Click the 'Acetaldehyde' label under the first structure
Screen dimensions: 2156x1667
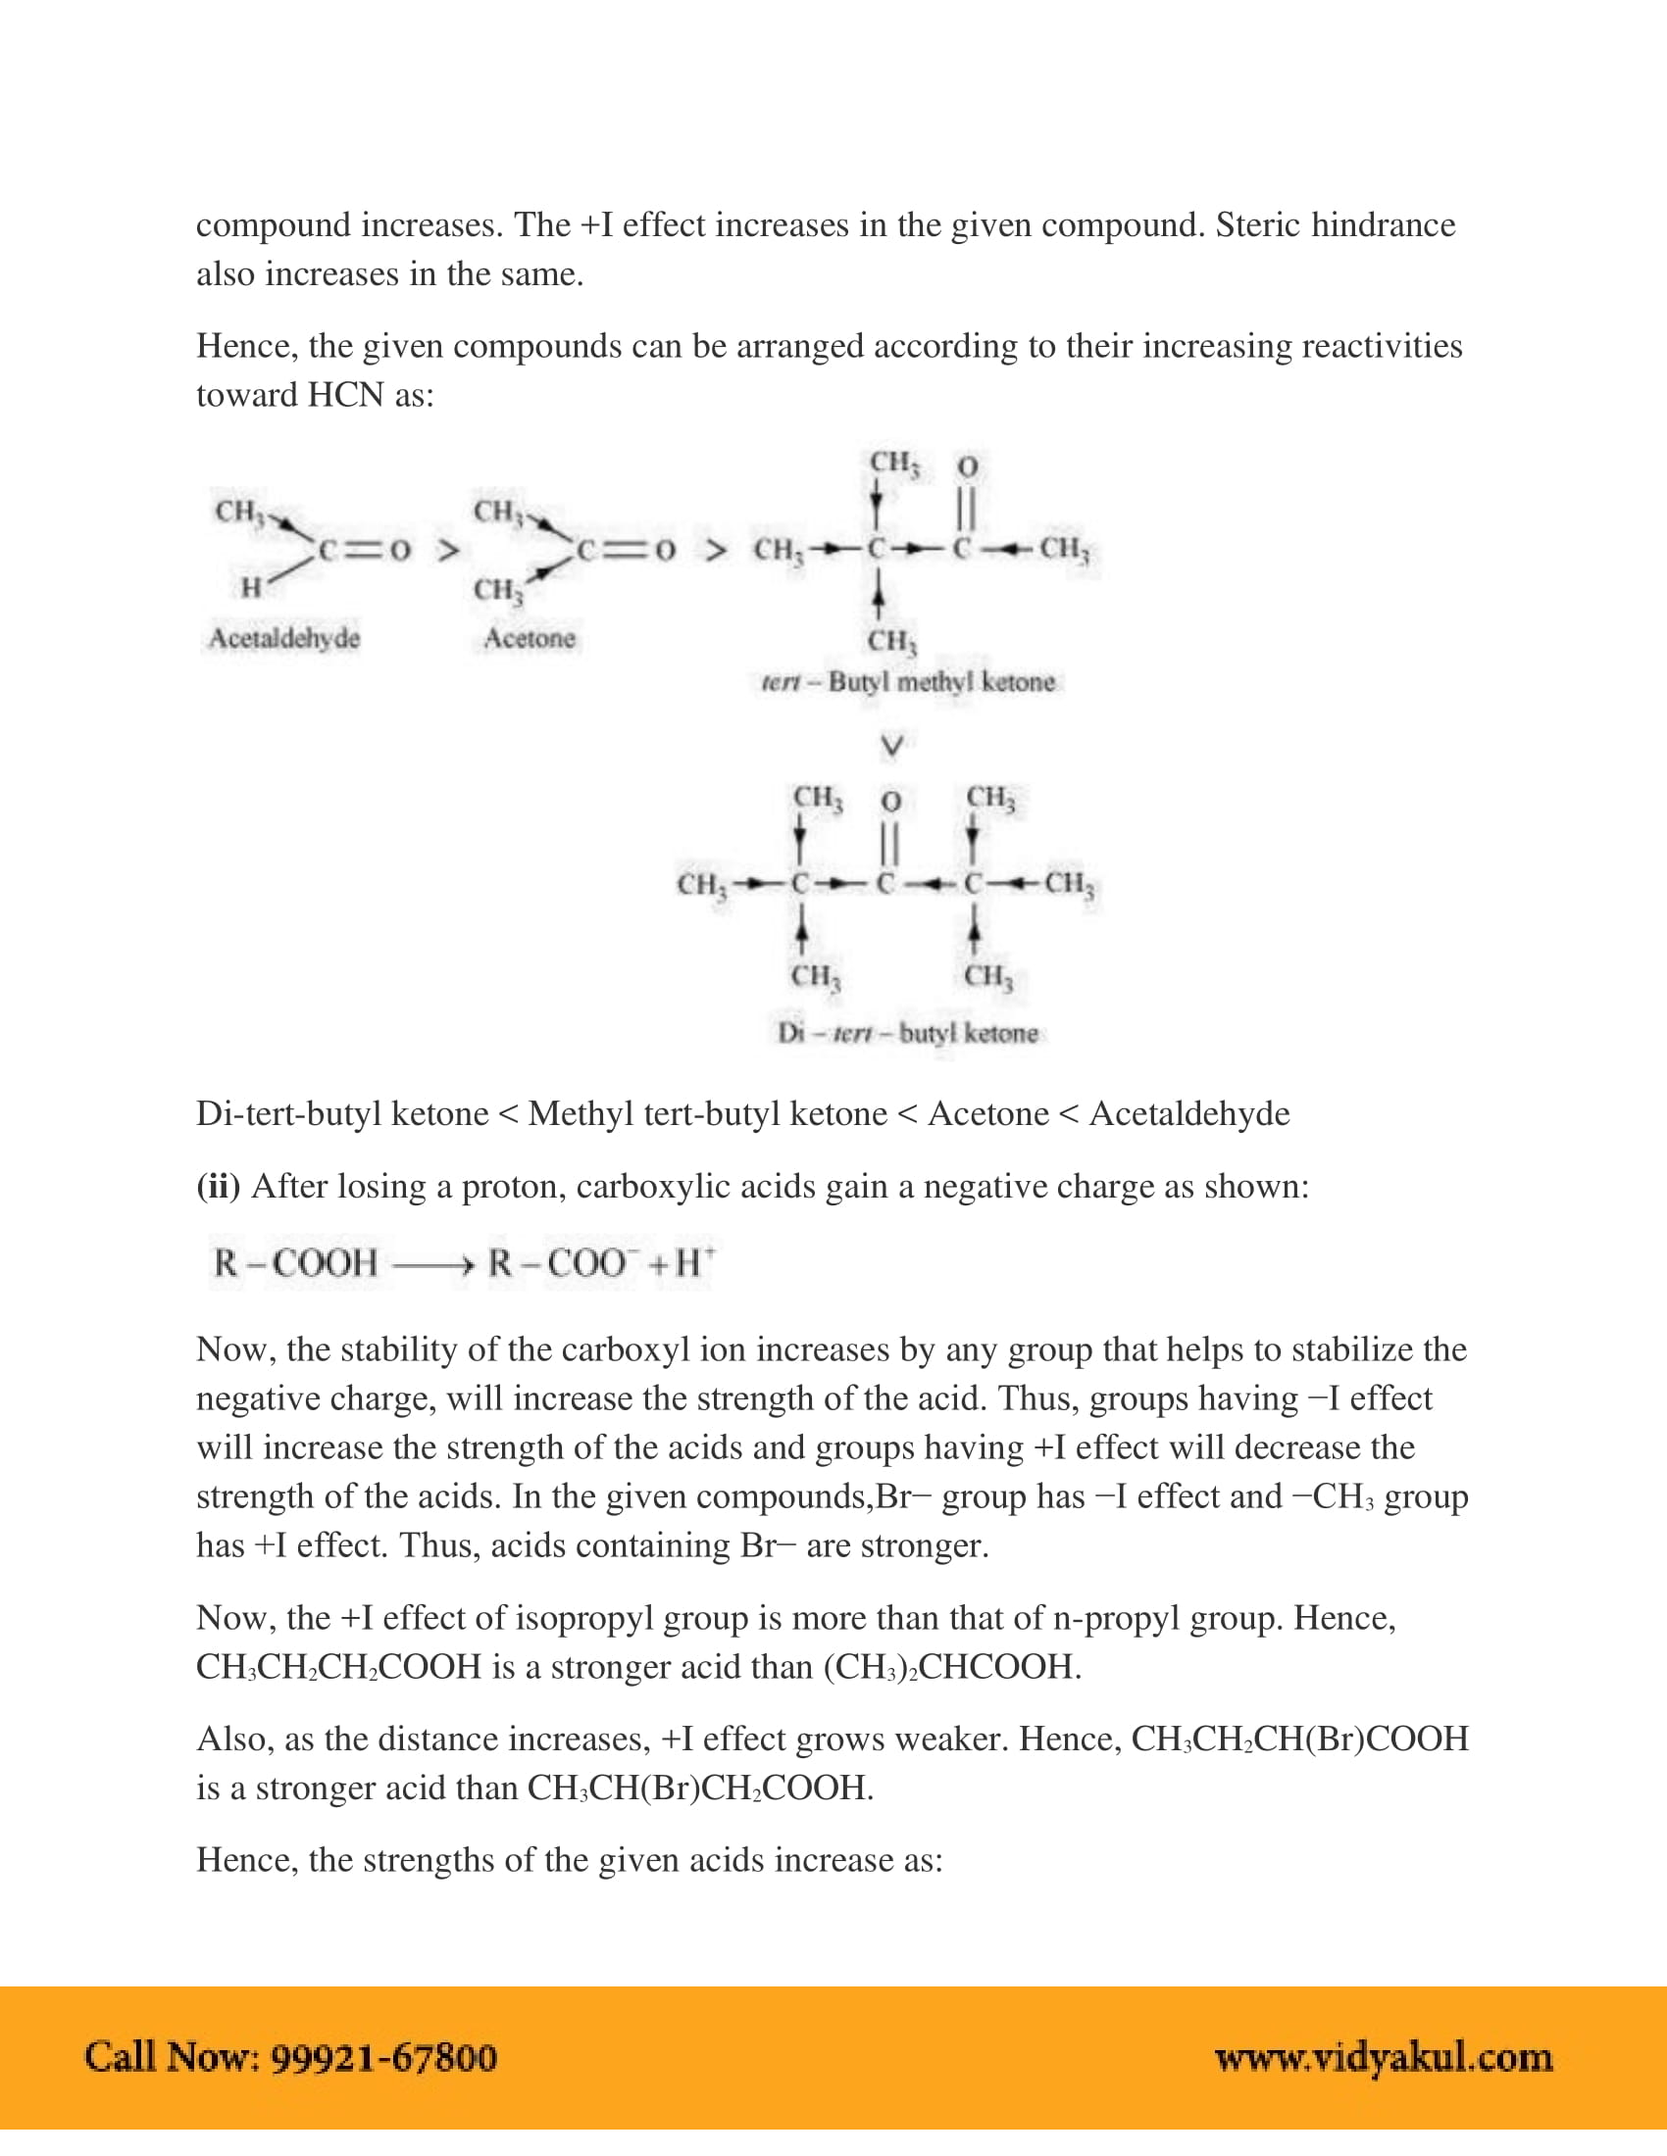coord(284,639)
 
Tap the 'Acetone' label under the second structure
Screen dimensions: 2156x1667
coord(530,639)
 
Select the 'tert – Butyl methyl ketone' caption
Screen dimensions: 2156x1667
coord(908,682)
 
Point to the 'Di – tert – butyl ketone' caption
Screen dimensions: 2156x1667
coord(908,1034)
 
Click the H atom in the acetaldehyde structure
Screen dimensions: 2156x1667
coord(251,588)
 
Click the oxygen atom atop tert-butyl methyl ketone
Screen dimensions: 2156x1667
coord(968,465)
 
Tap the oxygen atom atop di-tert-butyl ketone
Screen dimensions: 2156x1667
coord(890,800)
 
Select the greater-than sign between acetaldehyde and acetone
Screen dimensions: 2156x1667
coord(448,550)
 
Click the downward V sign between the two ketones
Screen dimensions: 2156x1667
coord(890,747)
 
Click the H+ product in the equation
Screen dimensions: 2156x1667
coord(693,1262)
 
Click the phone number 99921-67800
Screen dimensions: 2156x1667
coord(383,2057)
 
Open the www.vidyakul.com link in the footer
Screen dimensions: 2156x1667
coord(1384,2057)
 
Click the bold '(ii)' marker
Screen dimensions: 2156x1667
coord(219,1186)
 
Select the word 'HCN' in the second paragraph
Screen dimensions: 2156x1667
coord(344,395)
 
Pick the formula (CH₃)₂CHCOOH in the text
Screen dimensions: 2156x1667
coord(952,1667)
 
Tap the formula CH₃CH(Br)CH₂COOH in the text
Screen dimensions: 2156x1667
coord(699,1788)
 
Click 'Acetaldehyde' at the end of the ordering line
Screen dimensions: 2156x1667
coord(1189,1113)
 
